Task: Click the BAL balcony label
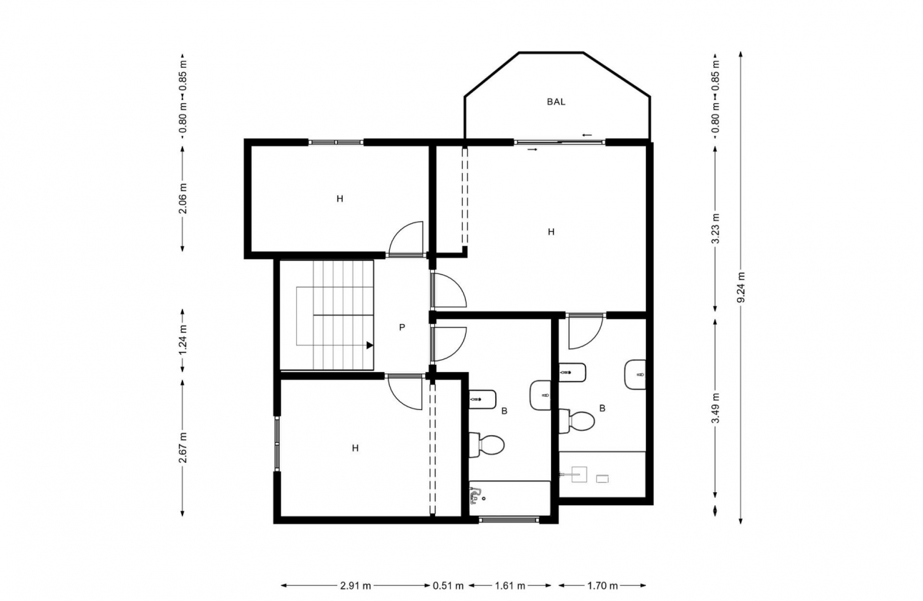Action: click(x=556, y=102)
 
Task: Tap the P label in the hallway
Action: click(x=402, y=328)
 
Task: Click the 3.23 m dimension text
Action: click(x=715, y=229)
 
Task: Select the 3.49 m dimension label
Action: click(x=715, y=409)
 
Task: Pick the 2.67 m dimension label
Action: click(x=182, y=447)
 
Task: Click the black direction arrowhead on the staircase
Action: click(x=370, y=345)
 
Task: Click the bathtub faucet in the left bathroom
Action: click(x=476, y=494)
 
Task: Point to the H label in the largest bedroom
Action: click(x=551, y=232)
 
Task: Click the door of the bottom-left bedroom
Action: click(x=405, y=392)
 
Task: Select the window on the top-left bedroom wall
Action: click(x=336, y=142)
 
